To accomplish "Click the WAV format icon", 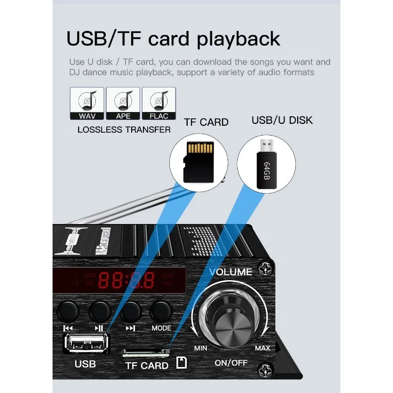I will [87, 104].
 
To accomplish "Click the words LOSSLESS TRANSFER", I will [124, 130].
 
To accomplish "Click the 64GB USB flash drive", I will [266, 162].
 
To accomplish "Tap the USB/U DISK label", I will [282, 120].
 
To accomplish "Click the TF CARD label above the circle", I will [206, 122].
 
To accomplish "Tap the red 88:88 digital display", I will [127, 280].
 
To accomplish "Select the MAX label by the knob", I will [262, 348].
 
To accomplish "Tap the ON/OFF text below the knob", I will [231, 363].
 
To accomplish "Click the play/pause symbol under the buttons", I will [99, 328].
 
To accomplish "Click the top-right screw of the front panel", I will [266, 268].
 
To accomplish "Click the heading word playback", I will [239, 39].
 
